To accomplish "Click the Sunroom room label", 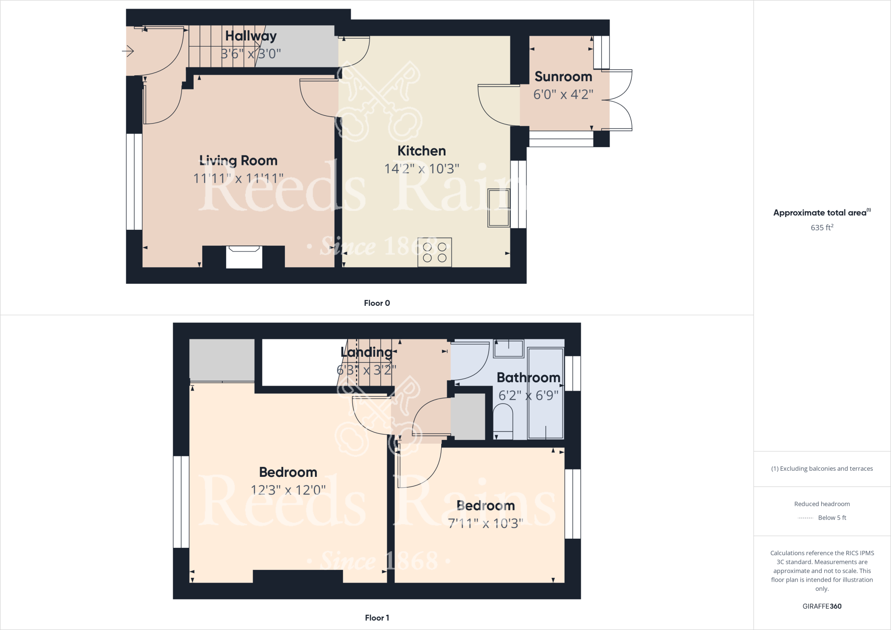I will pyautogui.click(x=563, y=77).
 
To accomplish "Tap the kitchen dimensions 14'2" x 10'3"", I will pyautogui.click(x=422, y=169).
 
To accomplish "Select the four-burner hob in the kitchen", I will pyautogui.click(x=435, y=252).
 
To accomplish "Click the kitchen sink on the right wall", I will pyautogui.click(x=499, y=208).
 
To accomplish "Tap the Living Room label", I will pyautogui.click(x=238, y=161).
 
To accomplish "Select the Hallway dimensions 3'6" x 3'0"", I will pyautogui.click(x=251, y=54).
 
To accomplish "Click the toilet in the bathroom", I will pyautogui.click(x=503, y=421).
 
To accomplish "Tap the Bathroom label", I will pyautogui.click(x=528, y=377).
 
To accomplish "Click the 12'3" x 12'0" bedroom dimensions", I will pyautogui.click(x=288, y=490).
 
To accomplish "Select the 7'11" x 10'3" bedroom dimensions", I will pyautogui.click(x=486, y=523).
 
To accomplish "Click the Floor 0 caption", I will pyautogui.click(x=377, y=303).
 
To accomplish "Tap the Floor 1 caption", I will pyautogui.click(x=377, y=617).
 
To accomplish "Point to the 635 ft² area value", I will pyautogui.click(x=822, y=228).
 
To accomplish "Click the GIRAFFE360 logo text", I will pyautogui.click(x=822, y=606).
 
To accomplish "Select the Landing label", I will pyautogui.click(x=366, y=352).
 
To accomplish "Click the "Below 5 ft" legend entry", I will pyautogui.click(x=831, y=518).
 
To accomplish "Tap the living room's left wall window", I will pyautogui.click(x=134, y=181).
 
